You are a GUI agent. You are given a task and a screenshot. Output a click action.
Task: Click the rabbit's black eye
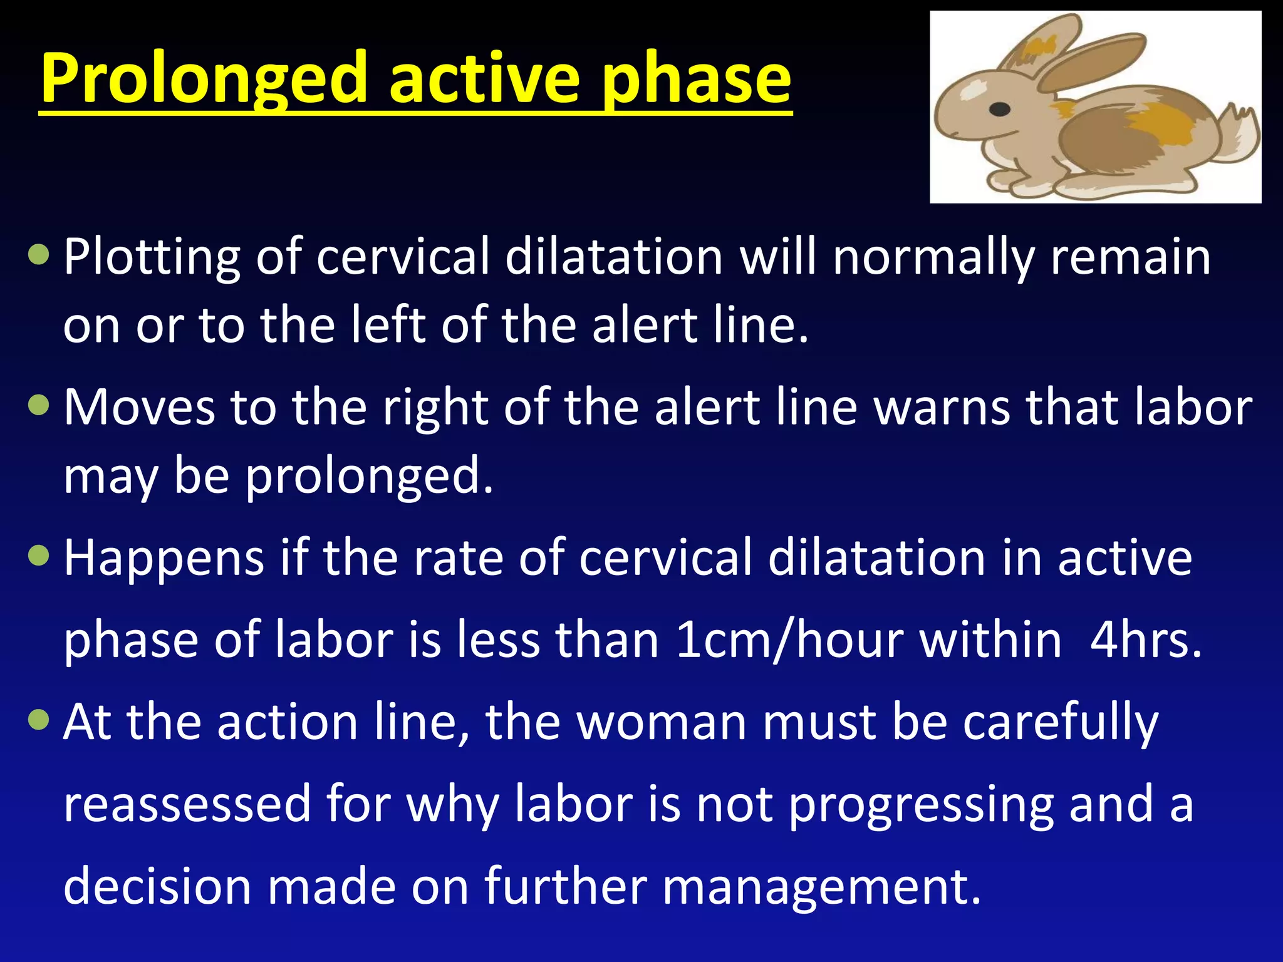999,110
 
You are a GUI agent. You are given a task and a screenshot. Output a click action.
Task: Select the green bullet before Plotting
39,255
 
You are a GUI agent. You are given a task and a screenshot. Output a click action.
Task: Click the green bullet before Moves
39,405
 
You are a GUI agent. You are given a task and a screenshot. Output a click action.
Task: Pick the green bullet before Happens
39,556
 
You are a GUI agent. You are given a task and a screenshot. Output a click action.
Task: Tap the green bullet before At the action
39,720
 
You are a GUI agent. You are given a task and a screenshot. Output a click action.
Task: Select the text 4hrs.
1146,640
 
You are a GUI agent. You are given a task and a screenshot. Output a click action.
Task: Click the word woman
661,722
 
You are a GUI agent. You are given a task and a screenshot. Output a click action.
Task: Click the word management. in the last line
821,887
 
